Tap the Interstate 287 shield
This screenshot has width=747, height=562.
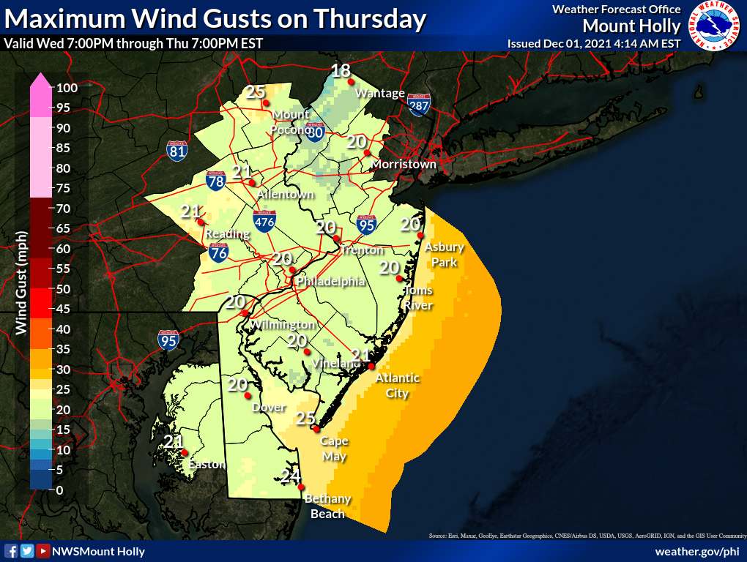pos(418,105)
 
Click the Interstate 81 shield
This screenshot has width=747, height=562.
pos(176,150)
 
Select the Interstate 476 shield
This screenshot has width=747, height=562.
pos(264,221)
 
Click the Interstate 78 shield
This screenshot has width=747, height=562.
pos(215,181)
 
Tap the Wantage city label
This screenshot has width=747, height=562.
pos(379,93)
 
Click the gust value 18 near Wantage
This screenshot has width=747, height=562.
pos(341,71)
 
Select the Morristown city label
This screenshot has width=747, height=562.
pos(404,164)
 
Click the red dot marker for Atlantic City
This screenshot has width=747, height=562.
pos(371,366)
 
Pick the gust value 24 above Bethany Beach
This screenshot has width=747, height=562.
pos(291,477)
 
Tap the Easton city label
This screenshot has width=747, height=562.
pos(207,464)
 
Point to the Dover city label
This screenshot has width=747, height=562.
pos(268,407)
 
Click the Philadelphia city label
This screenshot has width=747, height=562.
pos(330,281)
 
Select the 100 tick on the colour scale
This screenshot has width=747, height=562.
pos(67,88)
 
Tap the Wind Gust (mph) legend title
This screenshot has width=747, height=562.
pos(21,282)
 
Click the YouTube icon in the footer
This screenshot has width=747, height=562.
pos(43,551)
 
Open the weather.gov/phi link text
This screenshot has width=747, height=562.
pos(696,551)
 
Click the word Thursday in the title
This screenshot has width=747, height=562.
pos(368,19)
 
